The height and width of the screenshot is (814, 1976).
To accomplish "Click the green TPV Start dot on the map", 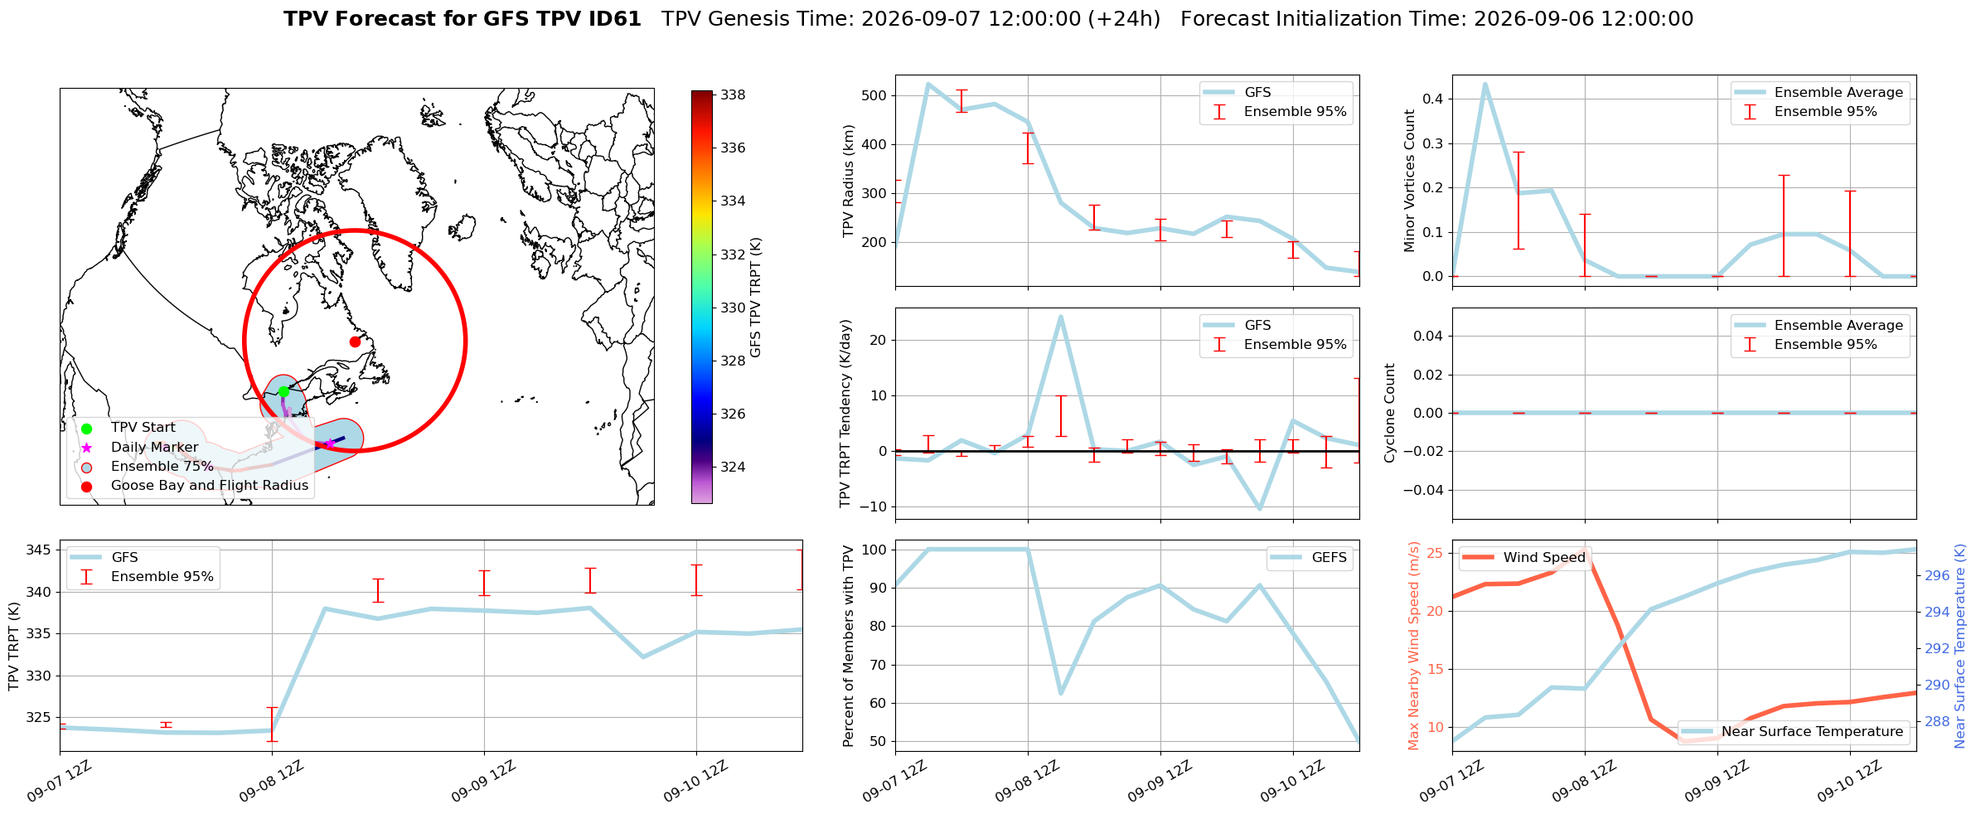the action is [283, 391].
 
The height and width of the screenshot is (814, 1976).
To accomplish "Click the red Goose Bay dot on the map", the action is [355, 342].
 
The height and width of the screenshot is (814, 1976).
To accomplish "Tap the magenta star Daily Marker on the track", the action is [329, 443].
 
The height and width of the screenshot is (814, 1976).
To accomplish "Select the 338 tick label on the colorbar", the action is [733, 95].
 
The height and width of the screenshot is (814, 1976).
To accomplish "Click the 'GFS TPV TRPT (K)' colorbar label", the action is [755, 298].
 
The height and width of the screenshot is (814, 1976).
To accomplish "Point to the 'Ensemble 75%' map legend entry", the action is [162, 466].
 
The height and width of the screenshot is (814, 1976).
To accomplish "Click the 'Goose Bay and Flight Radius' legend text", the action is [210, 486].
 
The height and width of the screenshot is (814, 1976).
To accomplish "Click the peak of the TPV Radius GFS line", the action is [928, 84].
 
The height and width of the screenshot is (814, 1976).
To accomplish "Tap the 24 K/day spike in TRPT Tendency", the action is [1060, 316].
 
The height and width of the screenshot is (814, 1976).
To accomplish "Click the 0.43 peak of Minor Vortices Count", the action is [1484, 84].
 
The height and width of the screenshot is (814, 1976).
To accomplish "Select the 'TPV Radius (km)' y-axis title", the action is [848, 181].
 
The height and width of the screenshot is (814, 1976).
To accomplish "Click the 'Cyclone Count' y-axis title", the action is [1390, 413].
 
